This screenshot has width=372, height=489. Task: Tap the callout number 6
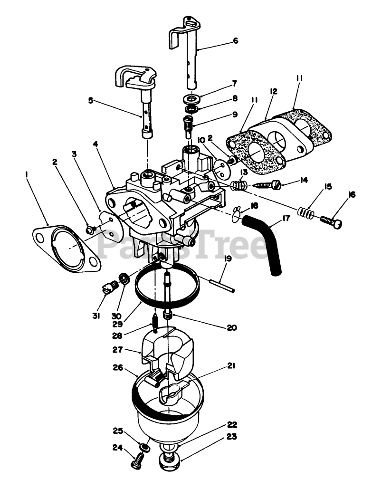pyautogui.click(x=235, y=41)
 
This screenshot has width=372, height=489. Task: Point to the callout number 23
pyautogui.click(x=232, y=436)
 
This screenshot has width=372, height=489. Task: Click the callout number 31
pyautogui.click(x=96, y=316)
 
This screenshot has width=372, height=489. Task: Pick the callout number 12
pyautogui.click(x=273, y=91)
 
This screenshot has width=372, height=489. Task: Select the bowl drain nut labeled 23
pyautogui.click(x=170, y=460)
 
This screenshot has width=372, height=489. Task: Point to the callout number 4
pyautogui.click(x=96, y=142)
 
